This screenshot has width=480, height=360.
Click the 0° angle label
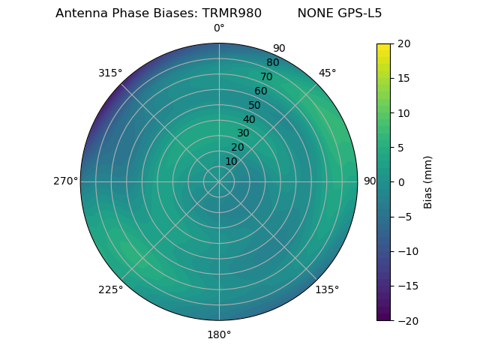click(x=219, y=28)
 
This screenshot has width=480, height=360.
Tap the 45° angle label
click(x=327, y=73)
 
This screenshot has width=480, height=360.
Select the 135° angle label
click(x=327, y=289)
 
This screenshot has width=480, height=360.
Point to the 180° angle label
click(x=219, y=334)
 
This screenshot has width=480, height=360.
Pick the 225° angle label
click(x=110, y=290)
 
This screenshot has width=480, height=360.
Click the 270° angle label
click(x=65, y=181)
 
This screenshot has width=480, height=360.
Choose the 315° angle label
click(x=110, y=73)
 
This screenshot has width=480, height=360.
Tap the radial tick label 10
click(x=231, y=161)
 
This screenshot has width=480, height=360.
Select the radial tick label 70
click(x=266, y=76)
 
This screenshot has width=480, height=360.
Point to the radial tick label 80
click(x=272, y=63)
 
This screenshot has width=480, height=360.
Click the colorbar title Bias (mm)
click(x=428, y=181)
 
